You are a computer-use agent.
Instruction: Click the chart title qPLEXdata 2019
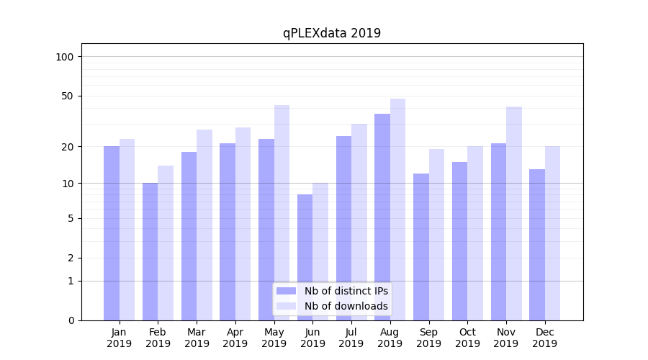click(x=331, y=33)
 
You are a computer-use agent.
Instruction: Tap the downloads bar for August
click(x=397, y=209)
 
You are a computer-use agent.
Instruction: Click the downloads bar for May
click(x=282, y=212)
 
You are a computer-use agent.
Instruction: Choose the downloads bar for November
click(x=514, y=213)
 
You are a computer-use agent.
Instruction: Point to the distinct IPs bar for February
click(x=150, y=251)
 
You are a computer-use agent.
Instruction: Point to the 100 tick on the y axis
click(x=69, y=57)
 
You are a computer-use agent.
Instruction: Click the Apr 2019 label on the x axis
click(x=235, y=338)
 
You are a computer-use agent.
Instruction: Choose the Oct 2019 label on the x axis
click(x=467, y=338)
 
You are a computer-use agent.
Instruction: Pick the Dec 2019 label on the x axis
click(x=544, y=338)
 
